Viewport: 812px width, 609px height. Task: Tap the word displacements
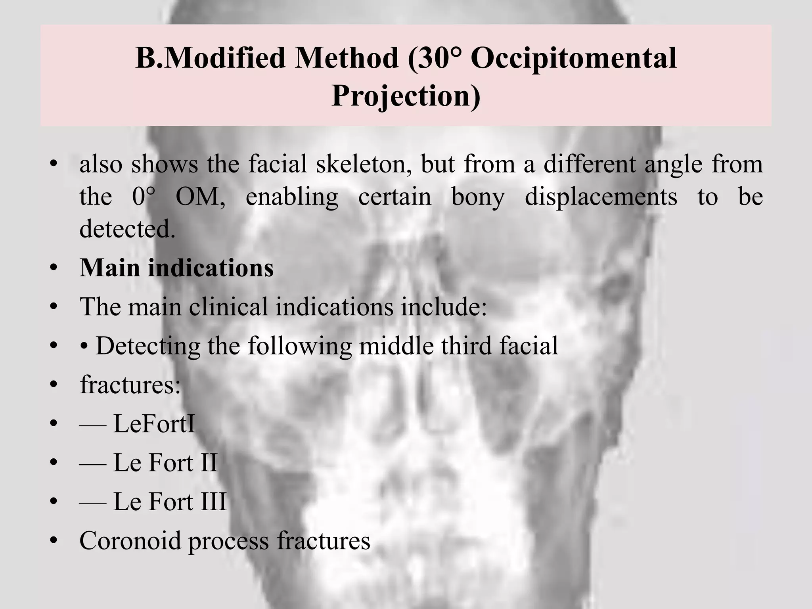[x=601, y=197]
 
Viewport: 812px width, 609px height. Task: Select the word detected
[x=127, y=229]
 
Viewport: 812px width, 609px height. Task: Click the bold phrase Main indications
[x=176, y=268]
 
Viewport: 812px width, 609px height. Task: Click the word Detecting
[x=148, y=346]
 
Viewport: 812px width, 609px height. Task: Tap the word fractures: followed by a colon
[x=130, y=385]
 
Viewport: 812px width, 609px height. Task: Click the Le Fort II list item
[x=165, y=462]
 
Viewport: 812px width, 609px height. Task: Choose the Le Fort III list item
[x=170, y=501]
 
